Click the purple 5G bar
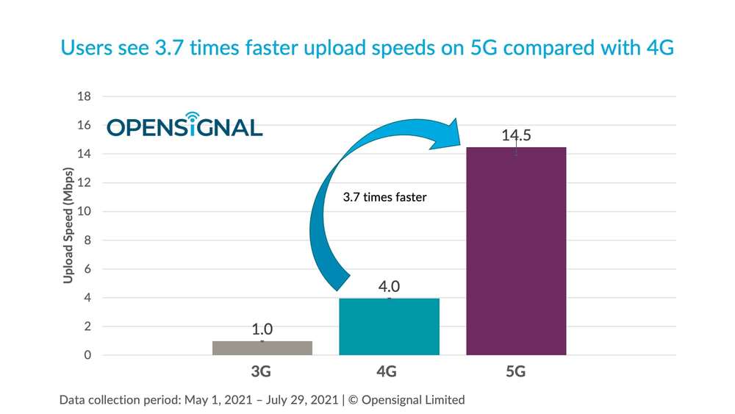[516, 251]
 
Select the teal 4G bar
[389, 326]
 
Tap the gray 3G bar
[262, 347]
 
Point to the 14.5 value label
[517, 135]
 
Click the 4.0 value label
[389, 286]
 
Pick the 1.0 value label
[262, 329]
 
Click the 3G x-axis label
[261, 372]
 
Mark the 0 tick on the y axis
[87, 355]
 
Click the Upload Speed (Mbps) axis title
[68, 226]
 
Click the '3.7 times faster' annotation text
[384, 197]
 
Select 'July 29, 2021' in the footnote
[299, 400]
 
